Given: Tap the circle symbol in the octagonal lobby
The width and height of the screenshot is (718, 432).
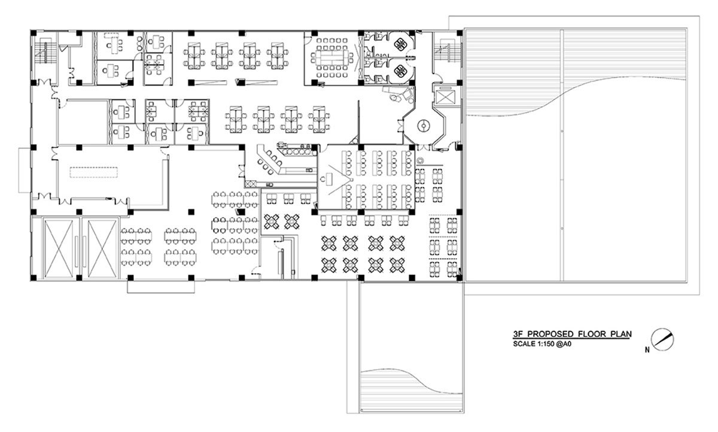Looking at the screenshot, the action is coord(424,125).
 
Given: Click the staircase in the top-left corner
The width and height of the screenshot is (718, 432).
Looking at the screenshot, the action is coord(45,52).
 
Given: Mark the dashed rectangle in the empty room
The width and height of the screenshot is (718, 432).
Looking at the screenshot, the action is coord(94,172).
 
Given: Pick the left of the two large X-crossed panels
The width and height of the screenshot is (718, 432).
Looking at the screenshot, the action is coord(59,248).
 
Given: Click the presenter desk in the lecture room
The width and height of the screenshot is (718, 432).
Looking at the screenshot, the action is coord(328,179).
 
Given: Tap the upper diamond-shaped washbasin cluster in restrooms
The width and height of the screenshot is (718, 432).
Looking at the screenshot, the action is coord(401,44).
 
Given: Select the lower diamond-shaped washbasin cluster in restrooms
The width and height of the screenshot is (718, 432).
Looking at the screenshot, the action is coord(401,71).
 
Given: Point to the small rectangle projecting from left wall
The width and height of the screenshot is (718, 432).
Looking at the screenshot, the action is coord(25,170).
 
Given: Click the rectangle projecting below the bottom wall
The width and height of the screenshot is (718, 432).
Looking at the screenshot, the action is coord(161,287).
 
